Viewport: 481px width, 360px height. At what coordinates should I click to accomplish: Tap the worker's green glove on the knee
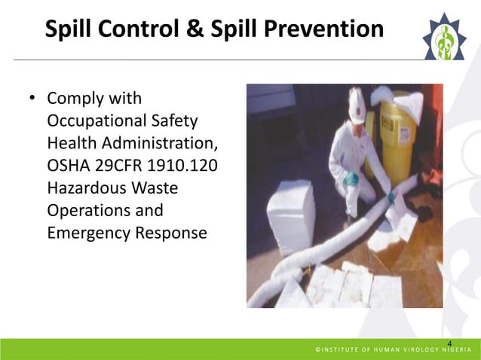coord(351,179)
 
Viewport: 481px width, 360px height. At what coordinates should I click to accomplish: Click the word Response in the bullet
coord(169,233)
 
